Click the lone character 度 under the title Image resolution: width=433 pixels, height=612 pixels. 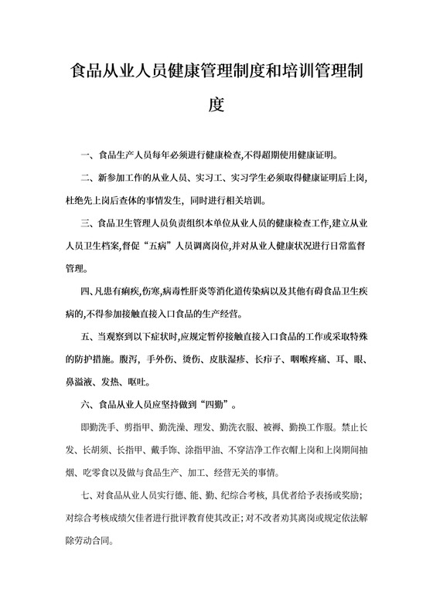click(x=216, y=104)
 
